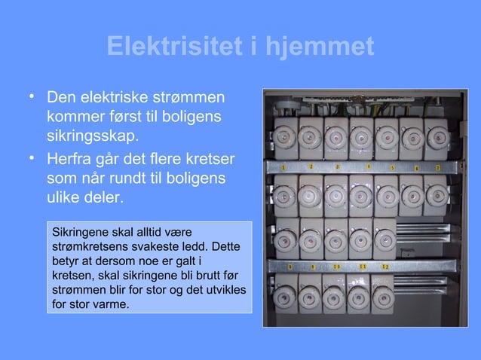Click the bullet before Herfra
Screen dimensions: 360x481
[x=32, y=158]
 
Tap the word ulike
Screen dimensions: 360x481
[x=64, y=200]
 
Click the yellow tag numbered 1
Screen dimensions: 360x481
[x=283, y=167]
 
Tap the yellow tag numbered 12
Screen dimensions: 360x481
[x=384, y=266]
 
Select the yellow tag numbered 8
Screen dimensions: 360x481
[x=290, y=267]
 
